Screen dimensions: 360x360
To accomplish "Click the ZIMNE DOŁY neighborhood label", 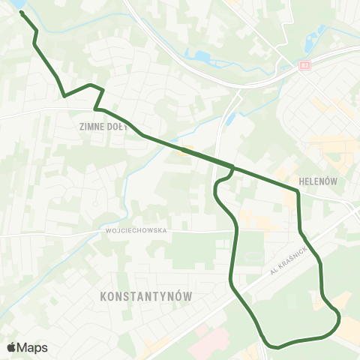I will (100, 127).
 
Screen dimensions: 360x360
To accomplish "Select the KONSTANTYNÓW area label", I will (145, 297).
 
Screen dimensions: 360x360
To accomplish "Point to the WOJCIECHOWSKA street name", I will (136, 231).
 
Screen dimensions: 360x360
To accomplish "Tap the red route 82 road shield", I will (304, 65).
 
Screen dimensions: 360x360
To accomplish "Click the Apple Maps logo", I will (27, 347).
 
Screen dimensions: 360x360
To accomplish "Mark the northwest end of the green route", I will (21, 13).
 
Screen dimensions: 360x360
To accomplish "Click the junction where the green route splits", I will (232, 167).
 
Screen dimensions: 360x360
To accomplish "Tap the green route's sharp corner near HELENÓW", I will (298, 192).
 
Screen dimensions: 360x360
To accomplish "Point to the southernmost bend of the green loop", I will (278, 347).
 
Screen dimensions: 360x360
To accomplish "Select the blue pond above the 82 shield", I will (321, 33).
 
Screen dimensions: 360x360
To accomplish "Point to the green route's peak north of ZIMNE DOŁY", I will (90, 85).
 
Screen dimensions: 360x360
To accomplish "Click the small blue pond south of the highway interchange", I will (231, 119).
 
